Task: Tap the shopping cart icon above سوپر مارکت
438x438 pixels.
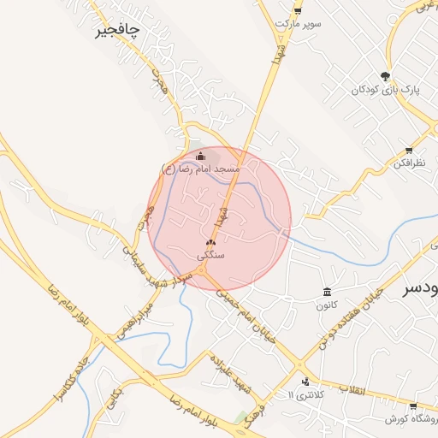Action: click(x=298, y=9)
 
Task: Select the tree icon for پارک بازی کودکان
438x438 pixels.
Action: click(x=385, y=75)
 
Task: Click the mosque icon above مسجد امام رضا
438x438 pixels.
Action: click(x=201, y=157)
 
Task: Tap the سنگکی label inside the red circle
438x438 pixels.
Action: click(x=210, y=255)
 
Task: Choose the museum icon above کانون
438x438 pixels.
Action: click(x=327, y=292)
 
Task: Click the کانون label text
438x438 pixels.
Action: click(x=327, y=305)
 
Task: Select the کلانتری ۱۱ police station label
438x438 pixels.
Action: click(x=304, y=394)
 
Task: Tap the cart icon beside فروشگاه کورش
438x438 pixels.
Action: click(x=413, y=406)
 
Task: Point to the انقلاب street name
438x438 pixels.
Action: click(x=352, y=389)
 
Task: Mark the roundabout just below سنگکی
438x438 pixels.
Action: click(x=204, y=272)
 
